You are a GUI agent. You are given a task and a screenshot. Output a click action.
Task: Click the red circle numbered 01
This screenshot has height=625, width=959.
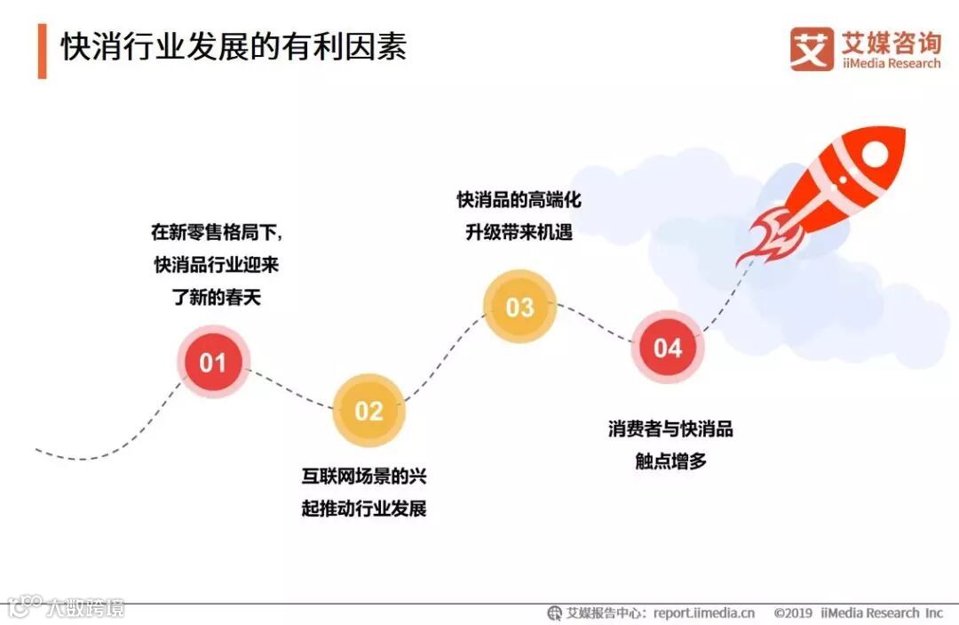213,362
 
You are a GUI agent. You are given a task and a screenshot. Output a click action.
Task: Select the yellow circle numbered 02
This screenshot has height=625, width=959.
369,410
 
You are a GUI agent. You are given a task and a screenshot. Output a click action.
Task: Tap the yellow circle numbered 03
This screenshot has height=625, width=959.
519,308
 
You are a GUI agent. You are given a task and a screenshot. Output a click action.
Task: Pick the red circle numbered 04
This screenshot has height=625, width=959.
668,348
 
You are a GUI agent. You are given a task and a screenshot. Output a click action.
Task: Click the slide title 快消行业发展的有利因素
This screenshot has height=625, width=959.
234,47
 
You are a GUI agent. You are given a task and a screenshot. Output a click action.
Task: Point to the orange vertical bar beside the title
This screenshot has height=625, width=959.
42,51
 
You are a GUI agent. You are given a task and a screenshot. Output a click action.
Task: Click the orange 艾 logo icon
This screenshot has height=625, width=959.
812,50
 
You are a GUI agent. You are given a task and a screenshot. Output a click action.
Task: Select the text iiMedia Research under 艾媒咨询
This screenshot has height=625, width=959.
891,64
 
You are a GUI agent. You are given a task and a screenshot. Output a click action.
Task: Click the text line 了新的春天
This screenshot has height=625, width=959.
218,297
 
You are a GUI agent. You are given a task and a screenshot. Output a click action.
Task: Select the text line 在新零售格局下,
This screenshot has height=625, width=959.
218,232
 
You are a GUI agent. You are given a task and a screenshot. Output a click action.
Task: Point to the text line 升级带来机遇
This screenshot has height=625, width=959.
519,232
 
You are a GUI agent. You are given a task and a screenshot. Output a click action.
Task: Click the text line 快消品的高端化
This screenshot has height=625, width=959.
519,199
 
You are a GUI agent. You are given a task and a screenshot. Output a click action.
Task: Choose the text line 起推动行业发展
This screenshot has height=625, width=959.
364,509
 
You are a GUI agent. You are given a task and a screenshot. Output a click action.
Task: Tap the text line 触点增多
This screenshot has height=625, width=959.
670,461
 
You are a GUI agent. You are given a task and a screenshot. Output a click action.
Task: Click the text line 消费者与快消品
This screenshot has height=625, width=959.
670,429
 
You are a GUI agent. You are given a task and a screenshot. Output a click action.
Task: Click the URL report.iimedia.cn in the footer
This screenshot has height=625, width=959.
704,613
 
